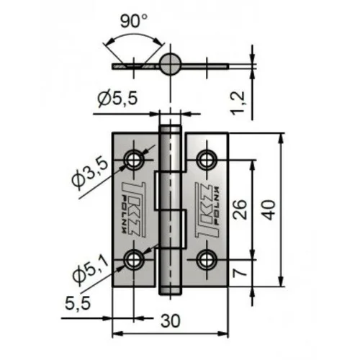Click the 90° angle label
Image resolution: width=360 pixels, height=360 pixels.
[134, 21]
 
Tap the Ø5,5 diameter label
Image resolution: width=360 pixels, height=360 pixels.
[117, 98]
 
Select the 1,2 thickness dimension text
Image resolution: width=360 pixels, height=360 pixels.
[238, 103]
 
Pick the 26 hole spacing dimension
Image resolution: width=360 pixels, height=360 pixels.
[240, 210]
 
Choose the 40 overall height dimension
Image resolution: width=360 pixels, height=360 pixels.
[269, 210]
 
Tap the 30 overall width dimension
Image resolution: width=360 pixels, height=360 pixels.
[171, 321]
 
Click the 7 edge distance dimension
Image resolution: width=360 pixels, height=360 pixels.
[240, 272]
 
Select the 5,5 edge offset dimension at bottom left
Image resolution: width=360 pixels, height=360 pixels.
[78, 303]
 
